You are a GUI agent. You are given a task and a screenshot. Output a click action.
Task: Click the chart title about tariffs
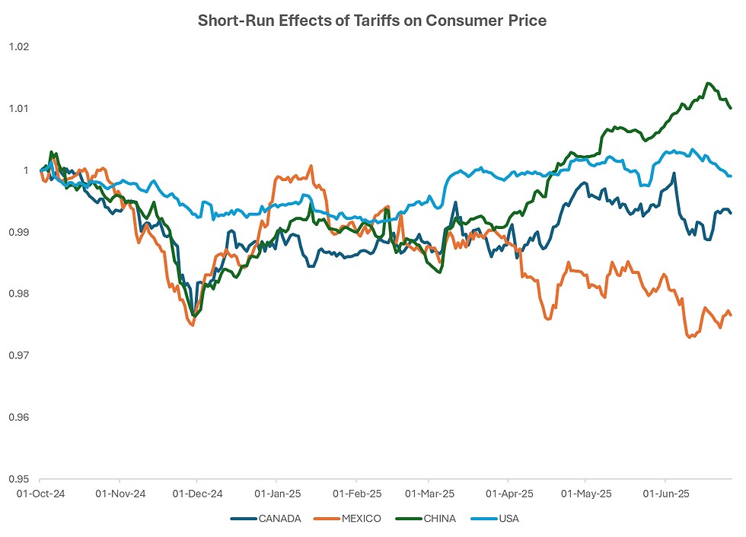372,21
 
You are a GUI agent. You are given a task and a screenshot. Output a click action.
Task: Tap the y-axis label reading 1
24,170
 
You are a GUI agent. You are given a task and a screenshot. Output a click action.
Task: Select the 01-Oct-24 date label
40,494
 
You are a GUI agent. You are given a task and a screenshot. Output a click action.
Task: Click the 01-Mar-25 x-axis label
429,494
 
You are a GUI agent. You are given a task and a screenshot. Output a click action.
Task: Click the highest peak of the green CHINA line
708,83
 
